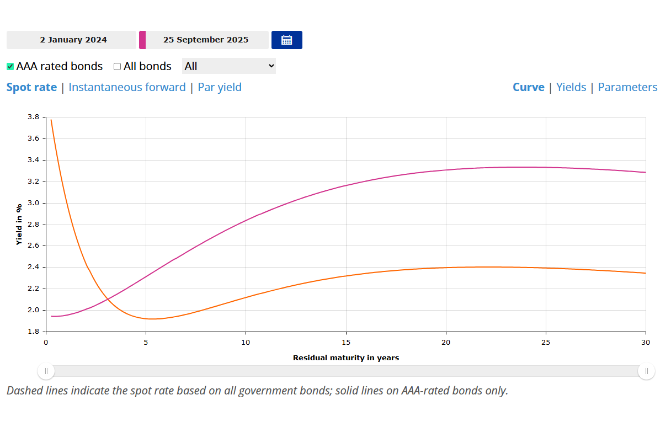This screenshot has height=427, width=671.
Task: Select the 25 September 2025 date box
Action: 206,40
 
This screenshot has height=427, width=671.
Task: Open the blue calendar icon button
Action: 286,40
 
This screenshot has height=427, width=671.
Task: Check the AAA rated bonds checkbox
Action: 10,67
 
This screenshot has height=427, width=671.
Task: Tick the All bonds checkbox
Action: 117,67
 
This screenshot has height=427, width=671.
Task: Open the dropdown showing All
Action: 228,66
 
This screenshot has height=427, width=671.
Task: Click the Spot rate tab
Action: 31,87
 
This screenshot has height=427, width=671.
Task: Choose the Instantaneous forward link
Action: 127,87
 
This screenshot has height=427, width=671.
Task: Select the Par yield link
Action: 220,87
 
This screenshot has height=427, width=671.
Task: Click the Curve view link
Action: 528,87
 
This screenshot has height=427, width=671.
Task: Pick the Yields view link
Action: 571,87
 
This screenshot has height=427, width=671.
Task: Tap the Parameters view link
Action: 627,87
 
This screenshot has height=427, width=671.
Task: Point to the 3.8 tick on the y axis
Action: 33,117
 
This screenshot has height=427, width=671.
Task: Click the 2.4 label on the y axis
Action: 33,268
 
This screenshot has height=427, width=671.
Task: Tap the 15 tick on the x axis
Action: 346,343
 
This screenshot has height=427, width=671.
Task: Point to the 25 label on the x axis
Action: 546,343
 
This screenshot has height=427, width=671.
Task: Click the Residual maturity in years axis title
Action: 345,358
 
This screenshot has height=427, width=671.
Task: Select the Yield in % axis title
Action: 19,225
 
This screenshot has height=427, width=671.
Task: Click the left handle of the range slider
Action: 46,371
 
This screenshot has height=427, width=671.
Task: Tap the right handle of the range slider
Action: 646,371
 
